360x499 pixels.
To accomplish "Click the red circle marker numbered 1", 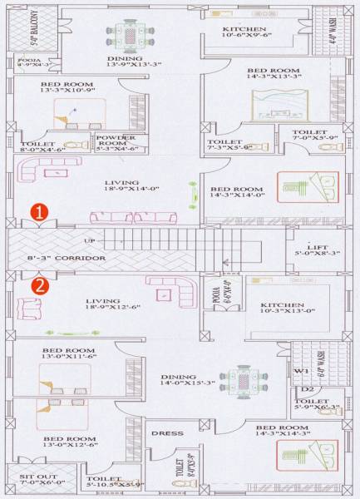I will pos(38,213).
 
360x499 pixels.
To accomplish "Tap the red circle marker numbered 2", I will pos(38,287).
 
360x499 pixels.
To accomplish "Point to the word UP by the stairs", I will pos(89,241).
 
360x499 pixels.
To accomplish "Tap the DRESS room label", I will pos(164,433).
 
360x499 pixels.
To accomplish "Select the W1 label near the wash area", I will pos(301,371).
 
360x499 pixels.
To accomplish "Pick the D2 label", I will pos(307,388).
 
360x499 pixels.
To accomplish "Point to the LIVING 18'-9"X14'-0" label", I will pos(121,186).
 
